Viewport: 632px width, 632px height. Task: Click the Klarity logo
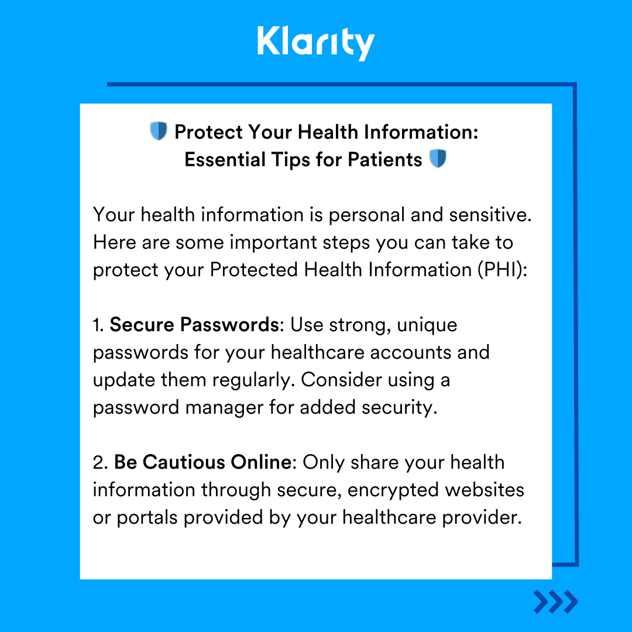pyautogui.click(x=315, y=43)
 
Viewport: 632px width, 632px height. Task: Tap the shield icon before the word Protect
pyautogui.click(x=159, y=131)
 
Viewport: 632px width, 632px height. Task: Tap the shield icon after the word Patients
pyautogui.click(x=438, y=159)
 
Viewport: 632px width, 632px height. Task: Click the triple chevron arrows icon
pyautogui.click(x=555, y=602)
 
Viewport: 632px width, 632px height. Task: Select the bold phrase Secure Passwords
pyautogui.click(x=194, y=325)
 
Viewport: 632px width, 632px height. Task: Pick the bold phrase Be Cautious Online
pyautogui.click(x=202, y=462)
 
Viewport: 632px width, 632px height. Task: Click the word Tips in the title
pyautogui.click(x=303, y=159)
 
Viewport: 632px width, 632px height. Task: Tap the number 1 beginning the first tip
pyautogui.click(x=97, y=325)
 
